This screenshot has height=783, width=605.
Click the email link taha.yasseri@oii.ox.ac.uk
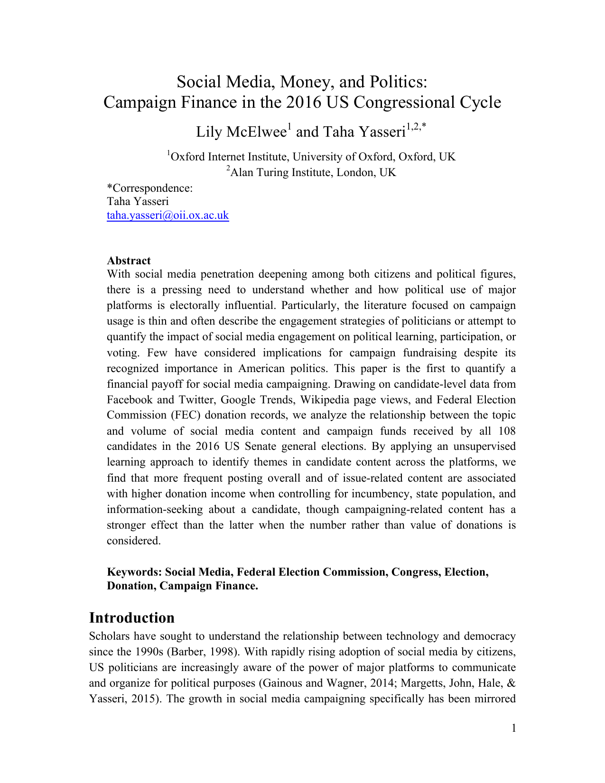pos(168,215)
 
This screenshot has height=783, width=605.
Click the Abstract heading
pos(129,261)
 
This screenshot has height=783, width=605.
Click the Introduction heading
pos(131,618)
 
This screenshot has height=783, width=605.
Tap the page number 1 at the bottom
pos(513,728)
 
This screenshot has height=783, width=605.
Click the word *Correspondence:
pos(149,188)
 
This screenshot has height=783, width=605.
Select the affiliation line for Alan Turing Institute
pos(311,172)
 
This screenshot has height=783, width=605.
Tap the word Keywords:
pos(134,572)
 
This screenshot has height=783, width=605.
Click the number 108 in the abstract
pos(506,431)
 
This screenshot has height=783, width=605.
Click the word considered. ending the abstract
pos(134,541)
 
